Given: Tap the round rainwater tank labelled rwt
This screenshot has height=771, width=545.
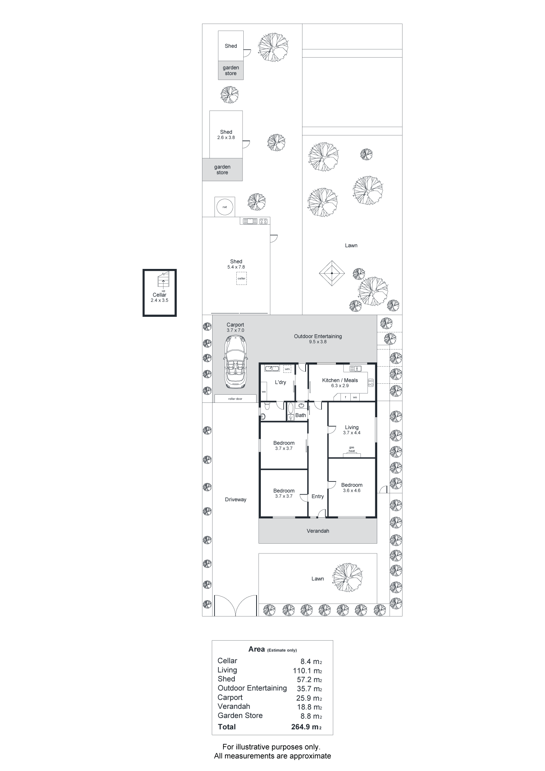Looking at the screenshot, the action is [225, 207].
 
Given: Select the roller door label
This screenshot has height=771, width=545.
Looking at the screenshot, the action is [235, 399].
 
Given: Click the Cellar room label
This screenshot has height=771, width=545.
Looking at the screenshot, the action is [160, 295].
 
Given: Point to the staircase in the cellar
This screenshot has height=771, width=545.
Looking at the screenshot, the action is [163, 279].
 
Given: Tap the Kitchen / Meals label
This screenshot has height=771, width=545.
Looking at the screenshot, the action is [340, 380].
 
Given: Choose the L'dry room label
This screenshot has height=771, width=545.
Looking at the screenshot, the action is [280, 383].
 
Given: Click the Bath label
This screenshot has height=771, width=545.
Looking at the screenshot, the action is [301, 415].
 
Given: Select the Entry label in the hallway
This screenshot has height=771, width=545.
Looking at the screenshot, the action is [318, 497].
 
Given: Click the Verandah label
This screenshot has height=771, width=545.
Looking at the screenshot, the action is [318, 531].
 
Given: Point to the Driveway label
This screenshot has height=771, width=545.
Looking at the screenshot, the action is [236, 500].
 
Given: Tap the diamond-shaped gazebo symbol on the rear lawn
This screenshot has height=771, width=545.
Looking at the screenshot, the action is [332, 273].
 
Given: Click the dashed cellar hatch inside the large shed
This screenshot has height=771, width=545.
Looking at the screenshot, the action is [241, 279].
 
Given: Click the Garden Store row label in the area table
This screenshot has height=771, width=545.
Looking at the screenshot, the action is [240, 715].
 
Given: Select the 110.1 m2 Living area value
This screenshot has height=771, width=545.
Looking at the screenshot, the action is [308, 671].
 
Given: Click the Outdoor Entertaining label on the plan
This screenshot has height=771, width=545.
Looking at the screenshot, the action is [318, 336].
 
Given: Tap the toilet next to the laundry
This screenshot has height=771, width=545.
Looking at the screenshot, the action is [267, 406].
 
